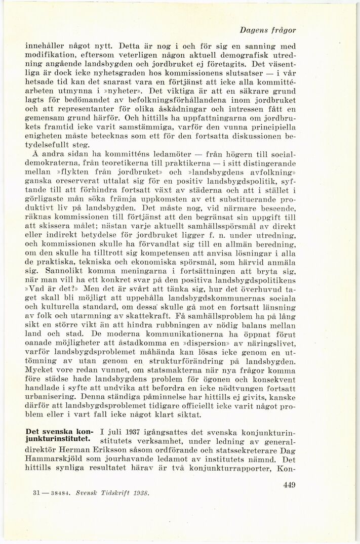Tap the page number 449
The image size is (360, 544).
point(287,485)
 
